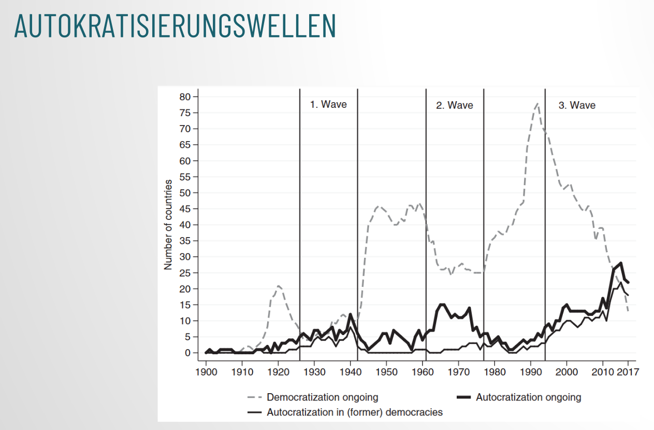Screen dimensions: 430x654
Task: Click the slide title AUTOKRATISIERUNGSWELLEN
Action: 175,26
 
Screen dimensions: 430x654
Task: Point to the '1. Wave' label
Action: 328,104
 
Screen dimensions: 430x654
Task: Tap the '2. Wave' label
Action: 454,105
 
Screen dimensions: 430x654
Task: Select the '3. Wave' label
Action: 577,105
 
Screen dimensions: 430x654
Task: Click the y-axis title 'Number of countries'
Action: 168,225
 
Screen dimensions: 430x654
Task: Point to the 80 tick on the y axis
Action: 185,96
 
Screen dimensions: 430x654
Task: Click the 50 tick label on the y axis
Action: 185,192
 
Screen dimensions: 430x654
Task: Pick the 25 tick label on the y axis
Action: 185,273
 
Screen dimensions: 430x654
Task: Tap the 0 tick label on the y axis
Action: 187,353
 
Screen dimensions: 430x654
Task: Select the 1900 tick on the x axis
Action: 206,372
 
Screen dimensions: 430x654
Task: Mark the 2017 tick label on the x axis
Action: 628,372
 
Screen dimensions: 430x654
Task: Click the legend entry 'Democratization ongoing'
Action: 322,397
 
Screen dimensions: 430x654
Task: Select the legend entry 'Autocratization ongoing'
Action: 528,397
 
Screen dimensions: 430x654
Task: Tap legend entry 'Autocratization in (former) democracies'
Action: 354,413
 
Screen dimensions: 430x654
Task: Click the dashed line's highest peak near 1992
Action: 537,103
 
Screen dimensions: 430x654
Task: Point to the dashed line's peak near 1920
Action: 279,286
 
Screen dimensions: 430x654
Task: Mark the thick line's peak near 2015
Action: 621,263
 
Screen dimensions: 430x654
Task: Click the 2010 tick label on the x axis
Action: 603,372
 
